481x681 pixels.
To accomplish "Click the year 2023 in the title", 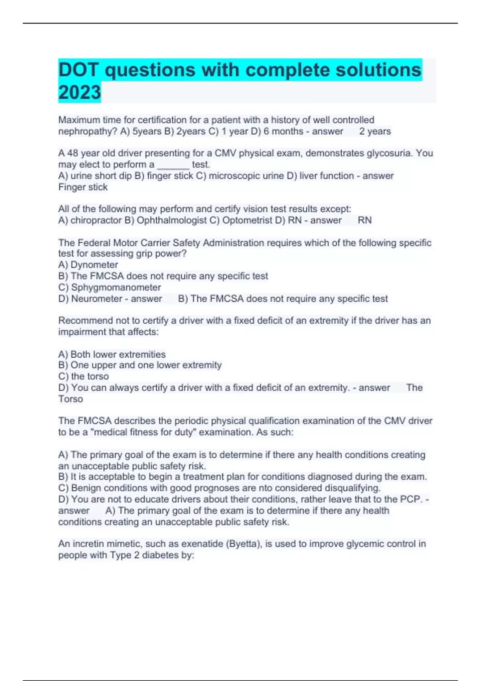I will [x=79, y=92].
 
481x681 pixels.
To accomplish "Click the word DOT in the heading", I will [x=79, y=70].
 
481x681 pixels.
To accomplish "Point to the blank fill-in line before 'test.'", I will [x=173, y=165].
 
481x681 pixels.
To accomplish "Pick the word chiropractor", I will [x=96, y=220].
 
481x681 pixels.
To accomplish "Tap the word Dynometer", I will [x=94, y=265].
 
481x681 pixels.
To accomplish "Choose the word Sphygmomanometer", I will [x=116, y=288].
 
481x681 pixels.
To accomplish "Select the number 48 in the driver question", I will [x=73, y=153].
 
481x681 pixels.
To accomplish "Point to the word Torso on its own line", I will [x=71, y=399].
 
